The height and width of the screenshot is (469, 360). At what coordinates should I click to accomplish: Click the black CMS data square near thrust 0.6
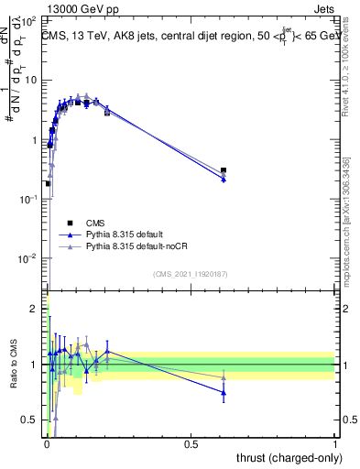click(224, 170)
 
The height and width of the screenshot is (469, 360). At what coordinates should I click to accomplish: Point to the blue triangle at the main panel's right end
click(224, 180)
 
